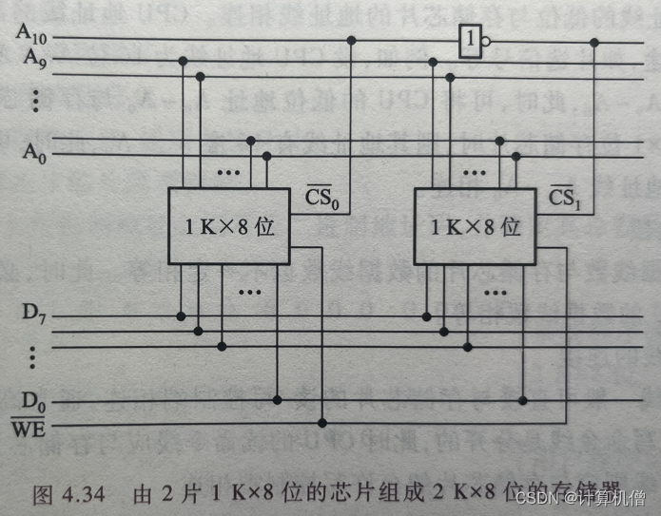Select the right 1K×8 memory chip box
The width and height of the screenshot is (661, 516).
tap(475, 226)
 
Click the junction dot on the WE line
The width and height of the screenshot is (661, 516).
tap(322, 421)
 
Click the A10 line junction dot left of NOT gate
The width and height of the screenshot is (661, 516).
tap(351, 41)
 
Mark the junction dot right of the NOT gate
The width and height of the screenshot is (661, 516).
tap(595, 42)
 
